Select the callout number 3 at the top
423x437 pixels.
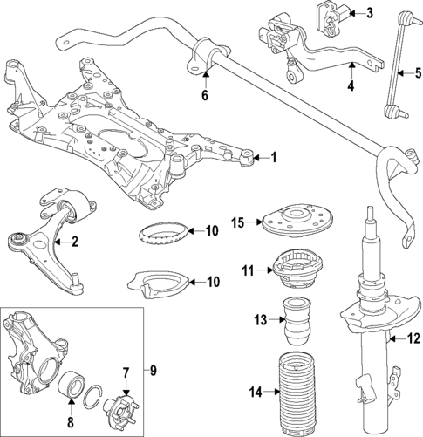368,12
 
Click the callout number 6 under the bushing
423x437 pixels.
206,95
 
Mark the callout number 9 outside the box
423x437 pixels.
154,371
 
